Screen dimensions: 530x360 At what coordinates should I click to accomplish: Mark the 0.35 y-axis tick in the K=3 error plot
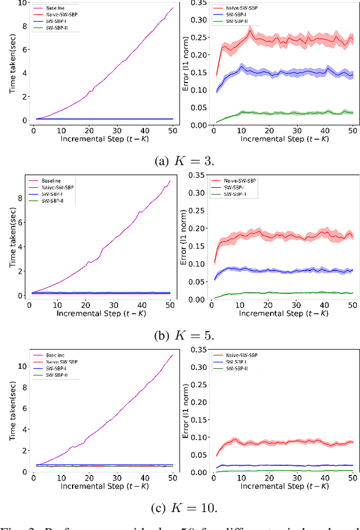195,3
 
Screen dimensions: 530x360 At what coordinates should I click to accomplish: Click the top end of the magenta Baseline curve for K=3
173,7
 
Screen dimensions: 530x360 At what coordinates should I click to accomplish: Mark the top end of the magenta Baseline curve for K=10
173,355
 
